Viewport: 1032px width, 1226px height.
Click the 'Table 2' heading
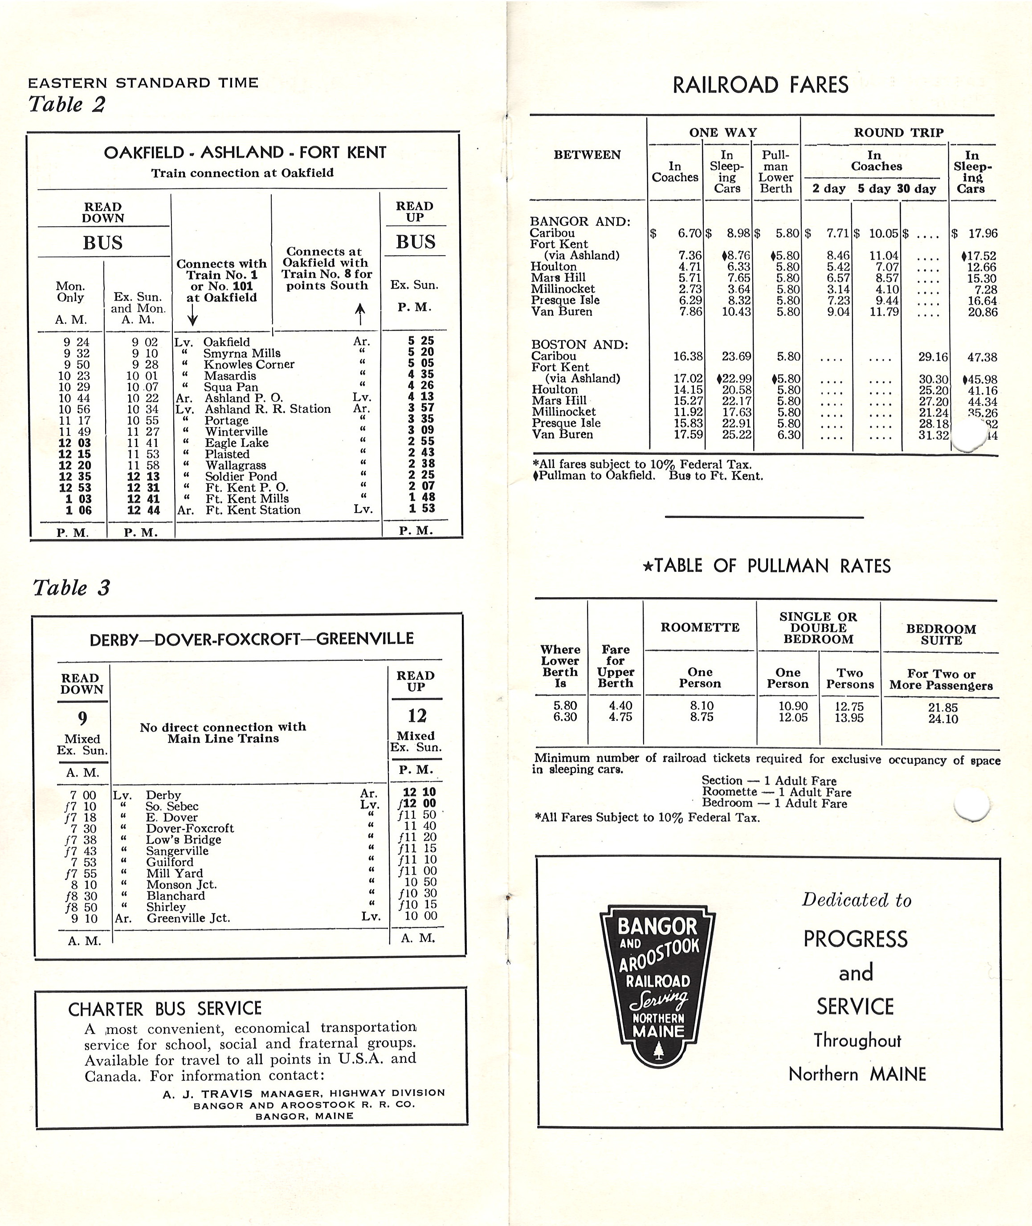(x=67, y=105)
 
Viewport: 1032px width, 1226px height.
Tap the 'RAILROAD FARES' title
(x=760, y=86)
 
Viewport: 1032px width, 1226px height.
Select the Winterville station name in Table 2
(x=236, y=432)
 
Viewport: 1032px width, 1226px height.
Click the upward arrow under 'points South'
(x=360, y=314)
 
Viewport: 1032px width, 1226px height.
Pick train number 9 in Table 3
(x=82, y=718)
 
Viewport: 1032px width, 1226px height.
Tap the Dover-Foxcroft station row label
(x=190, y=828)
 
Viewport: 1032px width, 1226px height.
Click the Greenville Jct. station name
(x=188, y=918)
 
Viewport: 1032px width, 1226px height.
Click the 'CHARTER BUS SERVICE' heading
(x=164, y=1009)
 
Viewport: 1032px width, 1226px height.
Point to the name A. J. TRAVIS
(x=208, y=1093)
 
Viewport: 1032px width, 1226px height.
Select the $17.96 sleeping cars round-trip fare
(x=982, y=233)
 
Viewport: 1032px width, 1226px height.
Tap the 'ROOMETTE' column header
(x=700, y=627)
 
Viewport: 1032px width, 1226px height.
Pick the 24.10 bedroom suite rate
(x=942, y=719)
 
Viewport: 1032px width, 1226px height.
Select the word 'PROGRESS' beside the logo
(x=855, y=939)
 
